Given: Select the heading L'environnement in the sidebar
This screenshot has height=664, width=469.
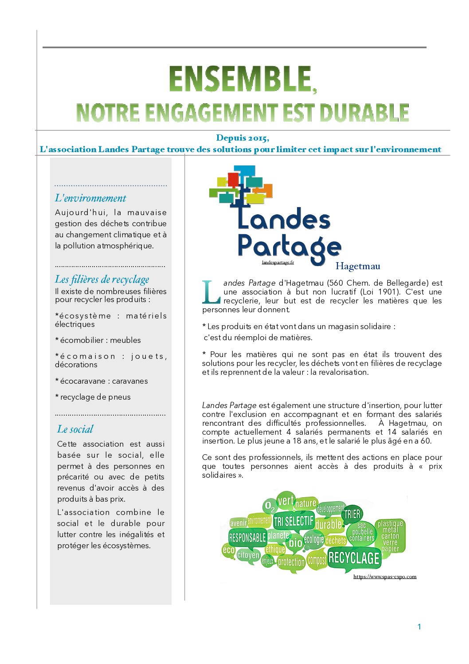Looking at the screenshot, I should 90,198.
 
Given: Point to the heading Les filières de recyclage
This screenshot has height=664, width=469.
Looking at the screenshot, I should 102,279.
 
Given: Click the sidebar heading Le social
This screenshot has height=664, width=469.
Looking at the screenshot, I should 75,429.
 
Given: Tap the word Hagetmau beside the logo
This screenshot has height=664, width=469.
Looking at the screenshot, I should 358,266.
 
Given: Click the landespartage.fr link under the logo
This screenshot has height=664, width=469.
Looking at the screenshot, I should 278,262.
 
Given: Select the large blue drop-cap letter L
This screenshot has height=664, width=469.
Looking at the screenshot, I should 211,292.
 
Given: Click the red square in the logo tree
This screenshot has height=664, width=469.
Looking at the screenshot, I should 233,180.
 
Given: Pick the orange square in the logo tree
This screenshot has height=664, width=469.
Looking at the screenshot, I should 265,190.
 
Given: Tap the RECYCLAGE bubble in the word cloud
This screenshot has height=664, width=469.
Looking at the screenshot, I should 354,558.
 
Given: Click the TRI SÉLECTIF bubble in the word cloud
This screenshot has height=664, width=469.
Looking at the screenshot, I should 293,521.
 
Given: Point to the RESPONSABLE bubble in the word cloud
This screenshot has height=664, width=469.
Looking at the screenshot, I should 247,538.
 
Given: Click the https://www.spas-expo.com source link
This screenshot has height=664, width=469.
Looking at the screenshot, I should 385,577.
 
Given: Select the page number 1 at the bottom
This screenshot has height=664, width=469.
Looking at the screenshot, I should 419,627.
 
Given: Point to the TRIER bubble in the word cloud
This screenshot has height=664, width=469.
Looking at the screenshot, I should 352,515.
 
